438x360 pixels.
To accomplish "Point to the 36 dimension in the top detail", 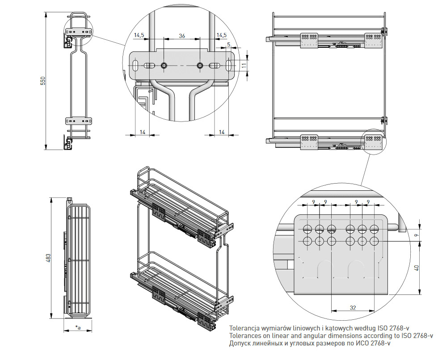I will click(x=182, y=36).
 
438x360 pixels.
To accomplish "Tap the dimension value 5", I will click(x=228, y=44).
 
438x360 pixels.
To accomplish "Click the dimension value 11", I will click(x=244, y=65).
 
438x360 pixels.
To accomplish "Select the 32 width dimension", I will click(x=353, y=307).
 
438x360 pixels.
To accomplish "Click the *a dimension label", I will click(x=78, y=328).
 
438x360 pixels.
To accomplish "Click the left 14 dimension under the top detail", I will click(x=143, y=132).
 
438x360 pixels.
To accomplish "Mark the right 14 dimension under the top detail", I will click(x=222, y=132).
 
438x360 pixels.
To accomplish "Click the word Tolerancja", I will click(x=244, y=327).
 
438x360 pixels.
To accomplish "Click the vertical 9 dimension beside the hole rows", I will click(x=416, y=235).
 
